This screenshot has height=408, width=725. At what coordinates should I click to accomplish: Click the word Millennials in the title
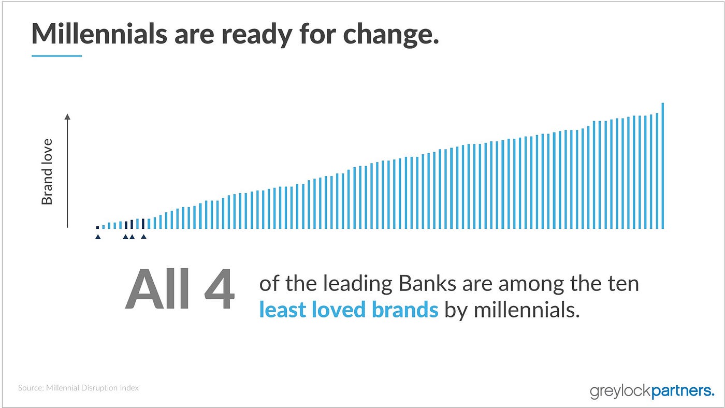click(99, 34)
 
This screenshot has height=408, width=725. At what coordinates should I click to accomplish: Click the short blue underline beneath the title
click(56, 56)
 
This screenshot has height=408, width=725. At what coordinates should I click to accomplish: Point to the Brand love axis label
click(47, 171)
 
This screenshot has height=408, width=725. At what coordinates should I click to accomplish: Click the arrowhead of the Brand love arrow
click(67, 116)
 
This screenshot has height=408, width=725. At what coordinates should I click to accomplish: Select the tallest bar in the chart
click(662, 166)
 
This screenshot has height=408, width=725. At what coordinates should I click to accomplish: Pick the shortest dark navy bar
click(98, 227)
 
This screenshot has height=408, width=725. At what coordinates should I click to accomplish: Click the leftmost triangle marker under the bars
click(98, 237)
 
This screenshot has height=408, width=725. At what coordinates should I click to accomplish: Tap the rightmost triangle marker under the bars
click(143, 237)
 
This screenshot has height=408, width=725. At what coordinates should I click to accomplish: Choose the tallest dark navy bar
click(143, 224)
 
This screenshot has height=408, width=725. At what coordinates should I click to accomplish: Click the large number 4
click(220, 289)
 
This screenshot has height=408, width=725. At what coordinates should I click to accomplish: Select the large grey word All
click(157, 288)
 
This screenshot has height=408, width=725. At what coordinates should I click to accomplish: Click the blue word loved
click(338, 309)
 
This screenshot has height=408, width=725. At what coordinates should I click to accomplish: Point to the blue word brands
click(405, 309)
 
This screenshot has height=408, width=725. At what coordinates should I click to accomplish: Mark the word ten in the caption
click(623, 284)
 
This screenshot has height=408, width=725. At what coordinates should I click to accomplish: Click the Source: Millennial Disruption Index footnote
click(78, 388)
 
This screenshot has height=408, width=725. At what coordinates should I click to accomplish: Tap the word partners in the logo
click(683, 391)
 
